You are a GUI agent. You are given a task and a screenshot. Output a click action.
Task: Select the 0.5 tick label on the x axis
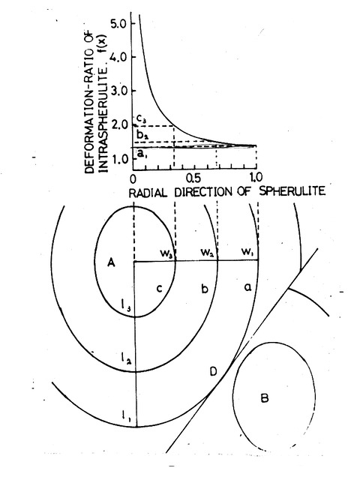click(x=193, y=178)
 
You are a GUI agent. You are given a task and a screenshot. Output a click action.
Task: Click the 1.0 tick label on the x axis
click(x=255, y=177)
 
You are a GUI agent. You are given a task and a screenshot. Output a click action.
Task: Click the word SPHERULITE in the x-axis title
click(x=292, y=191)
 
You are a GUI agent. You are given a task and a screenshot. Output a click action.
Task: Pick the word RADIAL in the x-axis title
click(x=148, y=193)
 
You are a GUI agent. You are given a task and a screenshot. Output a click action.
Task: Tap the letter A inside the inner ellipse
click(x=112, y=262)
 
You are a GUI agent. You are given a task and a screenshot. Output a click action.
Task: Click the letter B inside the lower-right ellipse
click(x=265, y=398)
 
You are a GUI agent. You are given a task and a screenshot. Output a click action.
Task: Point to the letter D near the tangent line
click(x=213, y=372)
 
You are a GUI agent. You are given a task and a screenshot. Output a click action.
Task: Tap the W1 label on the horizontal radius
click(x=247, y=252)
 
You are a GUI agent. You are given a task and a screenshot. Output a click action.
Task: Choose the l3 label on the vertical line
click(x=126, y=305)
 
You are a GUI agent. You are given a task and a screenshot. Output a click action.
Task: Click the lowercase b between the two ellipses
click(x=205, y=288)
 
